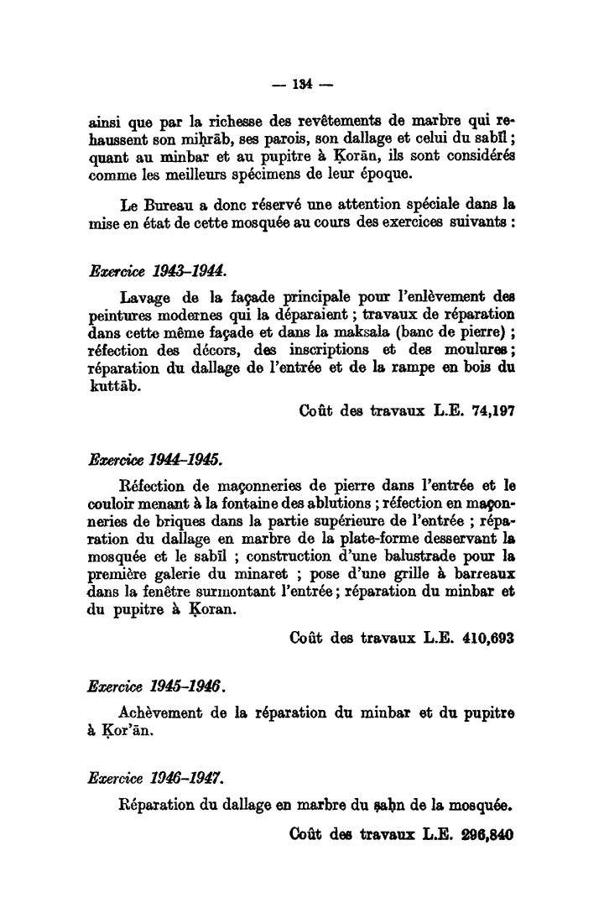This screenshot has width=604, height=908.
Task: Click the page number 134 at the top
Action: tap(303, 84)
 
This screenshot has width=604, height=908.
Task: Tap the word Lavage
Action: tap(147, 296)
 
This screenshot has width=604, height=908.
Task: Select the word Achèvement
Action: tap(164, 712)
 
